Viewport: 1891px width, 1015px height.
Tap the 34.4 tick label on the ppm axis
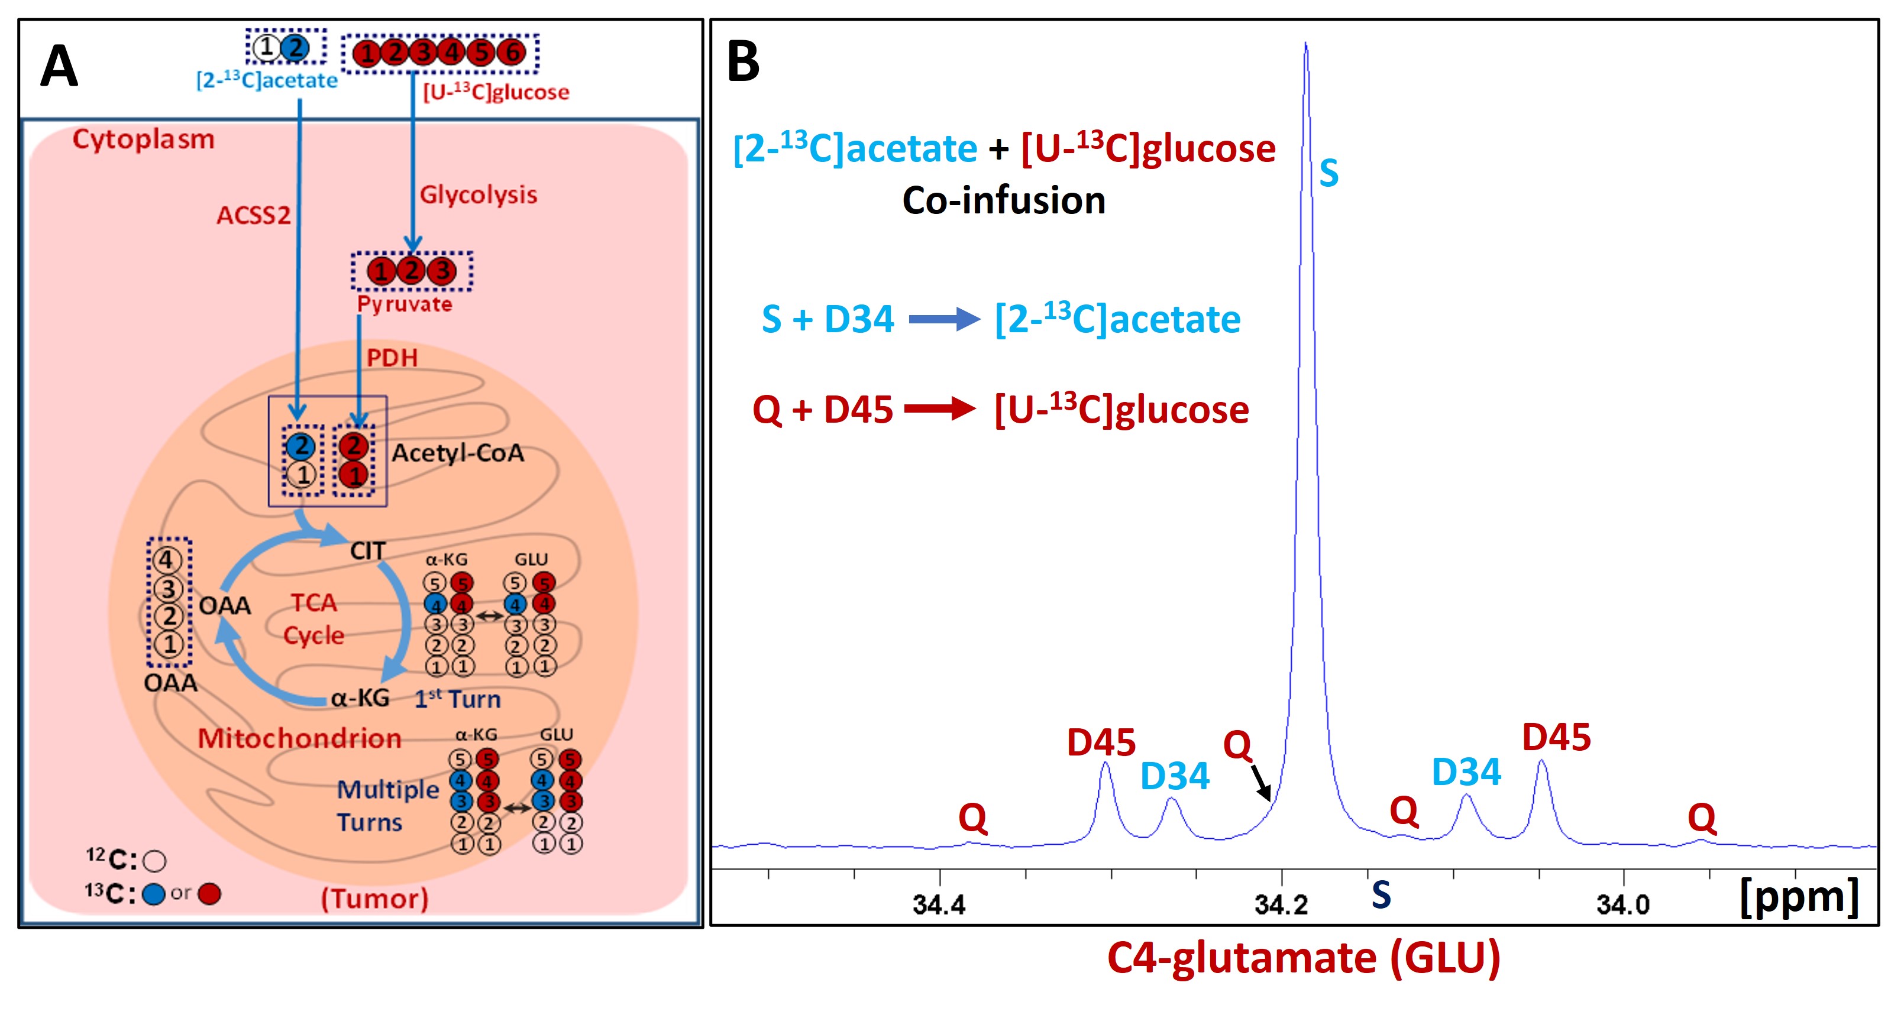click(939, 905)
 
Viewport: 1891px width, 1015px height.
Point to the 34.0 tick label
click(1623, 905)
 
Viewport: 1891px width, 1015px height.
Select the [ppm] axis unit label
click(1799, 897)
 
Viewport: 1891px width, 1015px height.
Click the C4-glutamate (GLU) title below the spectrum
click(1304, 958)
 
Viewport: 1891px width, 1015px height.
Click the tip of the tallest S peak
click(1306, 43)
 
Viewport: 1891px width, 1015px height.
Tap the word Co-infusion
click(1004, 200)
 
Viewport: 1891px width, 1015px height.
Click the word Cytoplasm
click(144, 140)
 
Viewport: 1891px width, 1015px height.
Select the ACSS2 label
click(253, 215)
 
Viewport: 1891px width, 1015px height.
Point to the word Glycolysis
click(479, 195)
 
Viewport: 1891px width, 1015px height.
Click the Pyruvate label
click(405, 304)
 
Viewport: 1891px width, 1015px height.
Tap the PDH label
click(392, 358)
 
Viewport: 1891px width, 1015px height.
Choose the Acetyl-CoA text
click(458, 453)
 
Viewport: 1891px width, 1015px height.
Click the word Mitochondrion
click(299, 738)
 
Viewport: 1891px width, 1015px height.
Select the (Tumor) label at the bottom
click(375, 899)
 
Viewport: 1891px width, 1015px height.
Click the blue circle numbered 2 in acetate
click(295, 48)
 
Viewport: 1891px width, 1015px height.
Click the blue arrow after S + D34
click(945, 319)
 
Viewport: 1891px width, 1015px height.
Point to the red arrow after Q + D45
click(940, 409)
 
